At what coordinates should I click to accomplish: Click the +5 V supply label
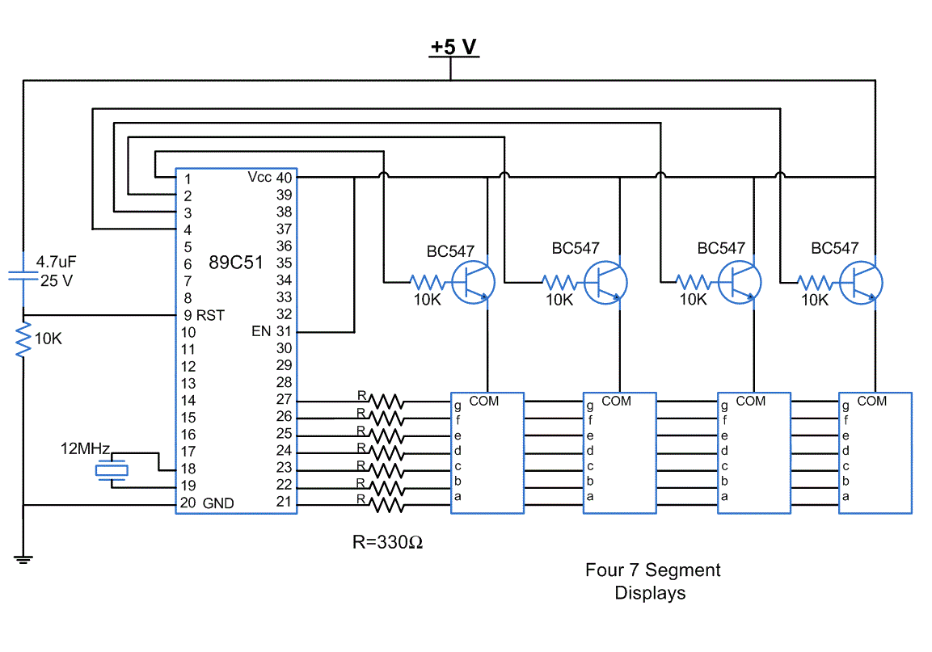click(x=453, y=47)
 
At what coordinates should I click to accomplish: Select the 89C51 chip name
click(x=235, y=263)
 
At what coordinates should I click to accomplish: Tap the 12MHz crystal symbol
click(x=112, y=469)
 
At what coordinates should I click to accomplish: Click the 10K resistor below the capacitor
click(x=23, y=339)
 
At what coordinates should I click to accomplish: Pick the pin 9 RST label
click(x=203, y=314)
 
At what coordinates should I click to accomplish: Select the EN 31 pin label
click(x=271, y=331)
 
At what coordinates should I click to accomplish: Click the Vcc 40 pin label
click(x=271, y=177)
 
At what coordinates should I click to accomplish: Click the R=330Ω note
click(x=387, y=542)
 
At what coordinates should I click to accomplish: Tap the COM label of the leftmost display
click(x=484, y=401)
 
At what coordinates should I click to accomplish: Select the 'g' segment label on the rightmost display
click(x=846, y=406)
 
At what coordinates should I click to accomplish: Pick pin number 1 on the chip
click(x=187, y=179)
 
